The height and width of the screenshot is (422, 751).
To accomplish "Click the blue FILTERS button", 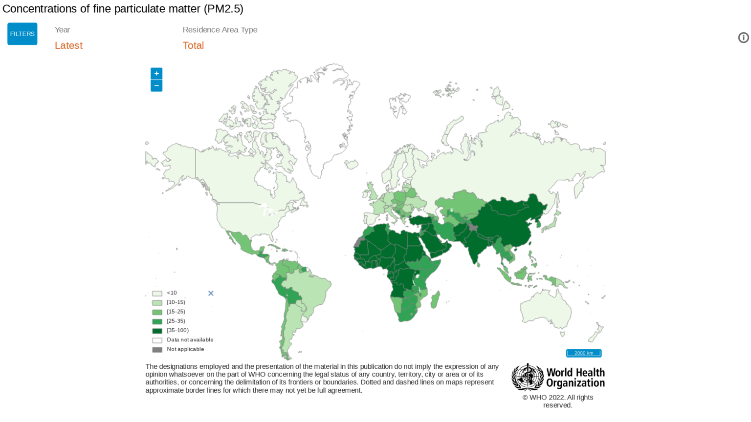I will click(22, 34).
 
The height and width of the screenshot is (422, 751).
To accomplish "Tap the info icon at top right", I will click(743, 38).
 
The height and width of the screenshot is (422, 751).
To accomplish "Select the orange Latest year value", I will click(68, 45).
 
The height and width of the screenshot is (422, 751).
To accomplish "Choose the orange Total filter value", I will click(193, 45).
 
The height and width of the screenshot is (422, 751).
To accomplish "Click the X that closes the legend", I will click(211, 293).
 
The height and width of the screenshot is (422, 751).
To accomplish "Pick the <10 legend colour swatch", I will click(157, 294).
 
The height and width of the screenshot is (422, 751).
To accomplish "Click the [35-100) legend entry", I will click(177, 331).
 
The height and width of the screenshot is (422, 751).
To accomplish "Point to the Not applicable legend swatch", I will click(157, 350).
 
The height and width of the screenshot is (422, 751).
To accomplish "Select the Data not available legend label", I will click(190, 340).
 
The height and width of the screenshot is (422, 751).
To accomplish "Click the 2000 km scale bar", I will click(583, 353).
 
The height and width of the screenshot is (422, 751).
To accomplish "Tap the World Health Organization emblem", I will click(527, 377).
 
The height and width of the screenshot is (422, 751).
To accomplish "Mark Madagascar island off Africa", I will click(435, 299).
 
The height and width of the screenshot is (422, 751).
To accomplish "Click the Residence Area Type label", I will click(220, 30).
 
